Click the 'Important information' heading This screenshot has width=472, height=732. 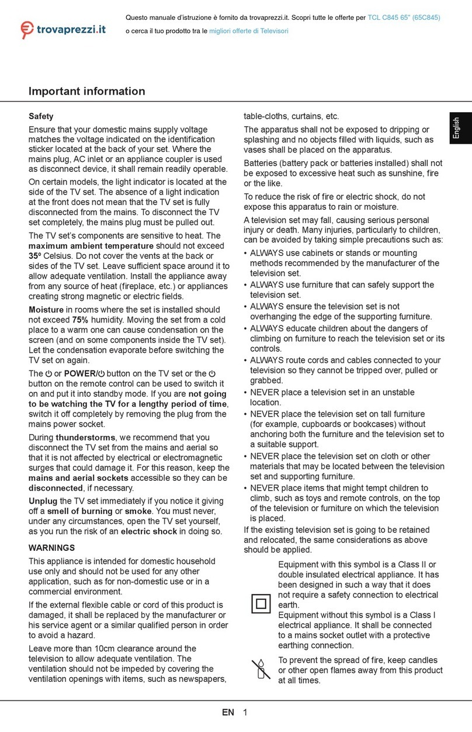click(86, 91)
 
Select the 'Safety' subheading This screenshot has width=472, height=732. click(41, 116)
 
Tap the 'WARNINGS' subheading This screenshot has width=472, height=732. click(52, 548)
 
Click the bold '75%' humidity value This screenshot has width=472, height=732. click(80, 320)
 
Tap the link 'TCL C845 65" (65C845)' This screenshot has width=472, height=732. click(404, 17)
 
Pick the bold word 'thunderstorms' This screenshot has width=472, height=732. click(84, 437)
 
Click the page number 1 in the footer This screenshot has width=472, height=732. click(245, 712)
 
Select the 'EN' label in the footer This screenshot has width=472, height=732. click(228, 712)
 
